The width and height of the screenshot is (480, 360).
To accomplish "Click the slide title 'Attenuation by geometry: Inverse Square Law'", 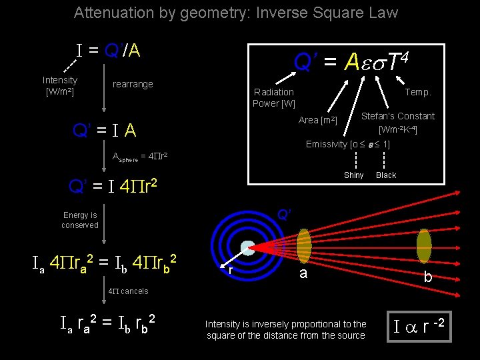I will point(235,13).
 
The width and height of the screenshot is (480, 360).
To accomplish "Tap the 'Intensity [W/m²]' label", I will point(60,85).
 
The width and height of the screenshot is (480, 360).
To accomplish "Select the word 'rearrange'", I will point(133,84).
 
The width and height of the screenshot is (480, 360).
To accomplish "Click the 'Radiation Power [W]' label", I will point(273,97).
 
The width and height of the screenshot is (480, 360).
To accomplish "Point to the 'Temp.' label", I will point(418,92).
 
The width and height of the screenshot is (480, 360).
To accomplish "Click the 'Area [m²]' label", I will point(318,120).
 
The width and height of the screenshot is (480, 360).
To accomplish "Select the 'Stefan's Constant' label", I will point(397,116).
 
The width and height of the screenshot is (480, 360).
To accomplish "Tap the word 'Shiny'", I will point(353,175).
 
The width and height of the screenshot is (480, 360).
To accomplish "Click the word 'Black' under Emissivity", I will point(386,175).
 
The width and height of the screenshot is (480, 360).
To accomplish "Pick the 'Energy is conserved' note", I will point(80,220).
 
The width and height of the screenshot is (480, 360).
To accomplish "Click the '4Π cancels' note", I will point(128,291).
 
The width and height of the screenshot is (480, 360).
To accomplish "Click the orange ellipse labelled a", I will point(303,246).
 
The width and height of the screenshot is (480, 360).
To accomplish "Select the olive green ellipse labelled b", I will point(423,246).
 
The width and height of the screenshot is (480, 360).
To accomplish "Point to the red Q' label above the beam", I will point(283,215).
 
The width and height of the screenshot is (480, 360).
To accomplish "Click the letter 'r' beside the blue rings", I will point(230,271).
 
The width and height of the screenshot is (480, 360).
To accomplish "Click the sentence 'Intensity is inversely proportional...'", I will point(285,329).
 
